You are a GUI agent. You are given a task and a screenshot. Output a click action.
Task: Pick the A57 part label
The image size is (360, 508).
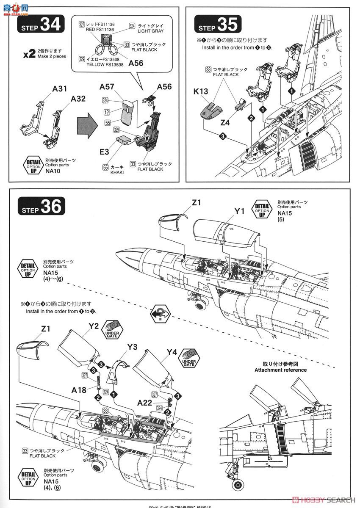[107, 87]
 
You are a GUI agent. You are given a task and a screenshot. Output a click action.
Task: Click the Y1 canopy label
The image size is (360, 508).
[240, 210]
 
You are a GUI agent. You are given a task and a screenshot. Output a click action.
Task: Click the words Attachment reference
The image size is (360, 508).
[280, 370]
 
